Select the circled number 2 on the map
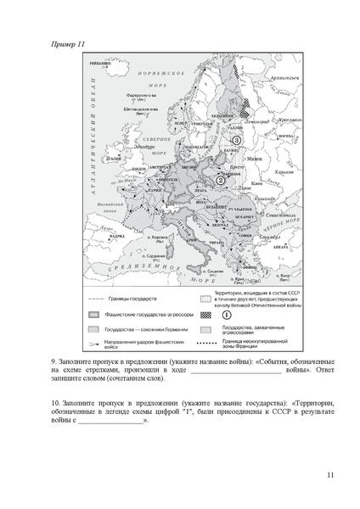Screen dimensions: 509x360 [221, 180]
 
